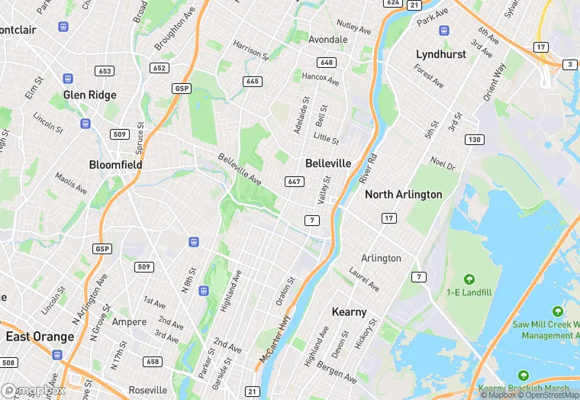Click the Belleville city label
pos(328,163)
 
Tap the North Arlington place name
pos(403,195)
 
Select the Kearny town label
pos(349,312)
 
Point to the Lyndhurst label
pos(440,54)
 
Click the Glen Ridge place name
pos(90,95)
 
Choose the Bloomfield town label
pos(116,164)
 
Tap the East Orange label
pos(40,337)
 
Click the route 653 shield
pos(105,71)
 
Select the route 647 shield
pos(294,181)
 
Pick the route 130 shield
pos(475,139)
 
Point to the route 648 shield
pos(327,63)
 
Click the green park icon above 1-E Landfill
pos(469,279)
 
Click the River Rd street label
pos(368,169)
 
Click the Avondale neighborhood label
pos(327,39)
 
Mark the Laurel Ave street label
pos(364,279)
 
